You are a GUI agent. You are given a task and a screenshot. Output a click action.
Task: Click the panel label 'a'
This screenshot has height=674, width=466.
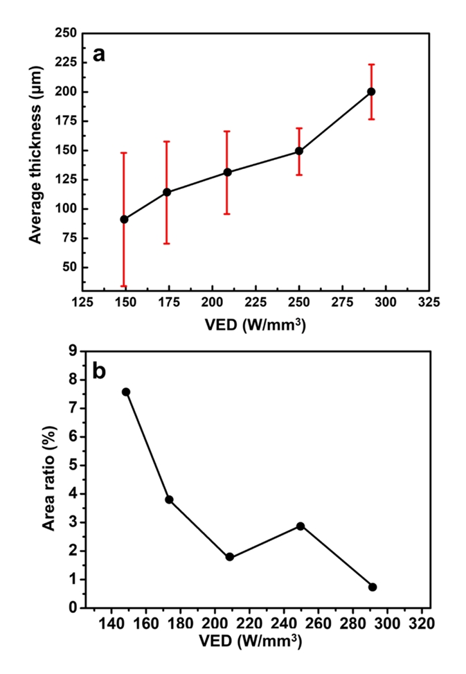click(x=99, y=54)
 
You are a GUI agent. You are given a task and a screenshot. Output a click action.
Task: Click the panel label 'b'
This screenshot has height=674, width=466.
click(x=99, y=371)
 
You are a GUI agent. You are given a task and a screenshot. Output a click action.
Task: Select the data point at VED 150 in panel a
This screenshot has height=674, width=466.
click(x=124, y=219)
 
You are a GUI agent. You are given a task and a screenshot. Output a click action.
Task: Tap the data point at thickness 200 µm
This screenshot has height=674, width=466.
click(x=371, y=91)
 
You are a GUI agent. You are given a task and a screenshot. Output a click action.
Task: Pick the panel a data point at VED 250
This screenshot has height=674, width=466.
click(x=299, y=151)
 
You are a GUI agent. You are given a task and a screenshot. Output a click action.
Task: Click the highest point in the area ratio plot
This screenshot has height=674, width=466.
click(x=126, y=392)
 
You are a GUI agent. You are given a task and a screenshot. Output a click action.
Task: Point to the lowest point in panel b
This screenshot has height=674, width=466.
click(x=373, y=587)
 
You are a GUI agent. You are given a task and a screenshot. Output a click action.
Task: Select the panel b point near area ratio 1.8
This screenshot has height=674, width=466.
click(x=230, y=557)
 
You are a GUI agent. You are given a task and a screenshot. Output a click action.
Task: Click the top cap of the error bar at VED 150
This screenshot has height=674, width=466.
click(x=124, y=152)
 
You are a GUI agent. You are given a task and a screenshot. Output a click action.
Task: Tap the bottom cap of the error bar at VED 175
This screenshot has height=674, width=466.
click(x=167, y=243)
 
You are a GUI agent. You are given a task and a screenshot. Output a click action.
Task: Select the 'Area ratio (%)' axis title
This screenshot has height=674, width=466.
click(x=49, y=479)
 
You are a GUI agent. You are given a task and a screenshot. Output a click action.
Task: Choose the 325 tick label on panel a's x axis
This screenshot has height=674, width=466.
click(x=429, y=302)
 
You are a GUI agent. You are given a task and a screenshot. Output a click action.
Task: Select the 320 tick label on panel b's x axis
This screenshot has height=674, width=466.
click(x=421, y=623)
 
